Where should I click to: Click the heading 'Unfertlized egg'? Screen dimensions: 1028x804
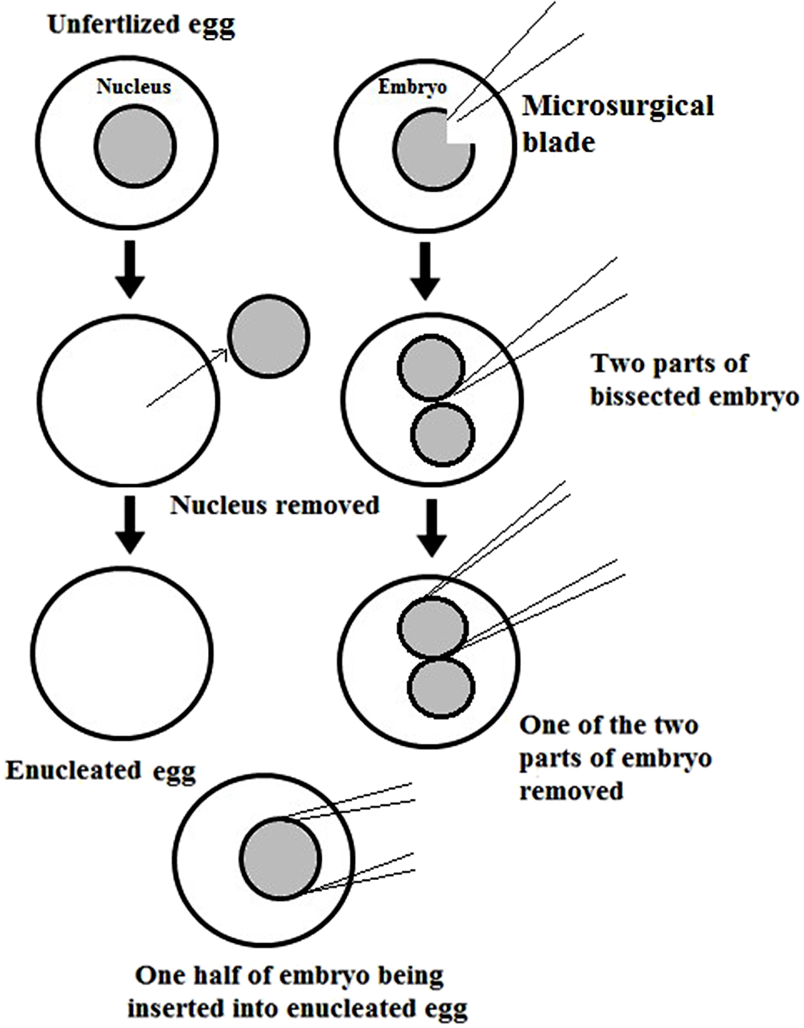[141, 26]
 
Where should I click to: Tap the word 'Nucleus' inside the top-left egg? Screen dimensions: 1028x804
[134, 87]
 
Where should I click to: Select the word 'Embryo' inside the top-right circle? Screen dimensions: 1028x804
[412, 87]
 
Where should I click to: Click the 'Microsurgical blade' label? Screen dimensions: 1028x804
[617, 124]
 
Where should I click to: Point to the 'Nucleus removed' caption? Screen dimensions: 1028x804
[274, 506]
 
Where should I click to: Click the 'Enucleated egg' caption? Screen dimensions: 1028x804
[101, 771]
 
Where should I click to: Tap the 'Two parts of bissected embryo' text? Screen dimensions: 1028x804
[694, 379]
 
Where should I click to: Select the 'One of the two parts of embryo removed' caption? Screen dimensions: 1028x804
[615, 758]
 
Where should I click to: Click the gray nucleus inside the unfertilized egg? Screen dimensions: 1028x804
[134, 146]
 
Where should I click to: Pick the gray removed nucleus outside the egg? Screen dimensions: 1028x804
[269, 336]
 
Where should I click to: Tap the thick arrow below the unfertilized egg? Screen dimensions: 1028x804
[130, 269]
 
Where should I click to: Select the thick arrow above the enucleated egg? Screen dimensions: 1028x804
[130, 524]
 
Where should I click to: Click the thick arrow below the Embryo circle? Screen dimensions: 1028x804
[426, 271]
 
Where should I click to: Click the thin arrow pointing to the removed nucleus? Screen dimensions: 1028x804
[187, 379]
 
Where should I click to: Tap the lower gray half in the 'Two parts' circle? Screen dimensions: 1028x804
[443, 434]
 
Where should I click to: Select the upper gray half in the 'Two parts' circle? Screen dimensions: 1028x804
[431, 369]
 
